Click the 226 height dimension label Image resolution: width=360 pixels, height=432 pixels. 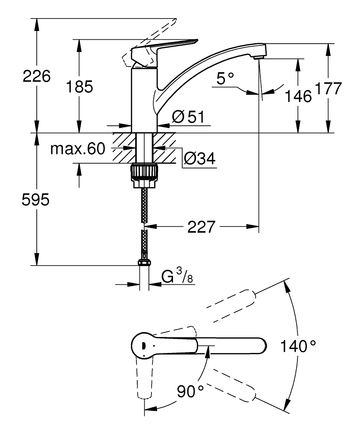pos(37,76)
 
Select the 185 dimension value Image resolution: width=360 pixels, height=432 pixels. pos(79,86)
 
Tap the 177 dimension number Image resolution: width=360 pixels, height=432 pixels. pos(328,88)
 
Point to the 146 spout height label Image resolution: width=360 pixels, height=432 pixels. pos(298,96)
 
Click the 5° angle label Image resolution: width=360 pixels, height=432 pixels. pos(225,78)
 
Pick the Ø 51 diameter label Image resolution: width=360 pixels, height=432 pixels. pos(189,117)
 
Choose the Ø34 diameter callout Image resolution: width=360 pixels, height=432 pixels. pos(200,159)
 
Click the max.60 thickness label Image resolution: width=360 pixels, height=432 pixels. pos(78,149)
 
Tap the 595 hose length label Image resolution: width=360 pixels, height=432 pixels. pos(35,200)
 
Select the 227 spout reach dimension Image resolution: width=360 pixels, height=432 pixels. pos(201,227)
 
